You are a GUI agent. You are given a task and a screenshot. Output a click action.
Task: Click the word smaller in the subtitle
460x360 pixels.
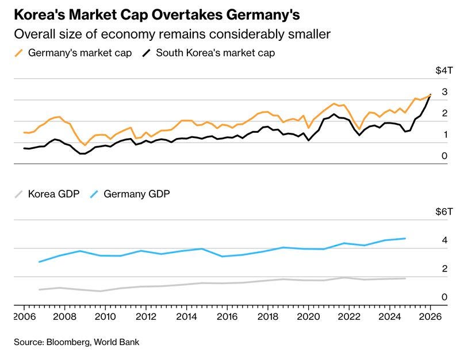311,34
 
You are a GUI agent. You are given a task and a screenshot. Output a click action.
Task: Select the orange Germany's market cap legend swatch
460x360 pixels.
19,53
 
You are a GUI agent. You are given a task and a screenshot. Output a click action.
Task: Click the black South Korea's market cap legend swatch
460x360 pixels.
148,53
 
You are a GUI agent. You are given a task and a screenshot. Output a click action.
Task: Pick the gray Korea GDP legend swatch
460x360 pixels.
19,194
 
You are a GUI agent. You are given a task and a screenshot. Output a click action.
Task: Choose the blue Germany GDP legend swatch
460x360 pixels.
95,194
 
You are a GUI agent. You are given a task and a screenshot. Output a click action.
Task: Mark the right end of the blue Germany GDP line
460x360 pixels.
405,238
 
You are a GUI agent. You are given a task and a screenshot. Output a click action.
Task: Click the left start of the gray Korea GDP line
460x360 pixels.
39,289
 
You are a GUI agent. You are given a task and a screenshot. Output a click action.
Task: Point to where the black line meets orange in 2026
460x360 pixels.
430,95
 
